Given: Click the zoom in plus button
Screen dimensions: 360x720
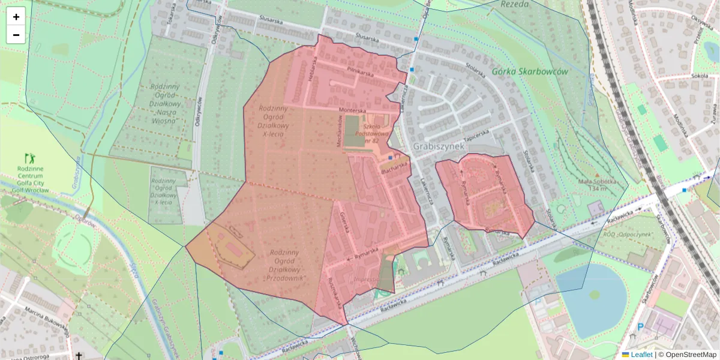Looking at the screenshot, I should click(16, 17).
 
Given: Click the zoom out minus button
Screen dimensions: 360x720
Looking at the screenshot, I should click(16, 35).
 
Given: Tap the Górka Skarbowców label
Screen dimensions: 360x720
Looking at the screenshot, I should click(529, 71).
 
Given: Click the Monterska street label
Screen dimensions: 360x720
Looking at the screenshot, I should click(352, 110).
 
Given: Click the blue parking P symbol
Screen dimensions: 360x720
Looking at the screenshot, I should click(641, 328).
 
